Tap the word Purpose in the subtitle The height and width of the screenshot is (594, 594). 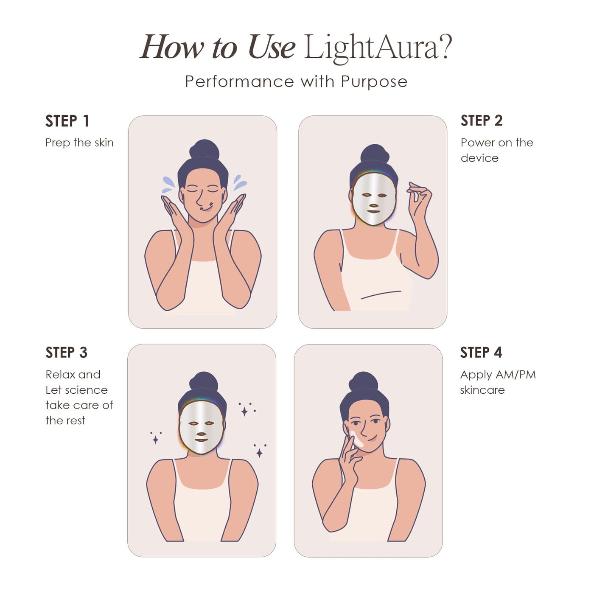pos(374,82)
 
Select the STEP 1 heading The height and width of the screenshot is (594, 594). pos(67,121)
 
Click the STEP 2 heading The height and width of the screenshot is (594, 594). pos(482,121)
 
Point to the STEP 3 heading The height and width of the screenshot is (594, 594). pos(66,353)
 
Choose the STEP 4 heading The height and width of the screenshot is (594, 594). pos(481,353)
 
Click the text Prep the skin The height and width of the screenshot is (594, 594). pos(79,143)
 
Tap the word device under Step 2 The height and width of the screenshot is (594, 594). pos(479,158)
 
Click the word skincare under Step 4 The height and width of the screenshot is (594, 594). pos(482,390)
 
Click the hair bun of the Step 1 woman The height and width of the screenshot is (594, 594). pos(204,150)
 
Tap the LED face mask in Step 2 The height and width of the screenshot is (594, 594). pos(374,199)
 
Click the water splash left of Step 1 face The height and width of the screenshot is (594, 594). pos(169,182)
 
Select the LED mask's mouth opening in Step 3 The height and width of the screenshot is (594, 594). pos(201,440)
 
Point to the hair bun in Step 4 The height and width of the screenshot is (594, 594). pos(363,381)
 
